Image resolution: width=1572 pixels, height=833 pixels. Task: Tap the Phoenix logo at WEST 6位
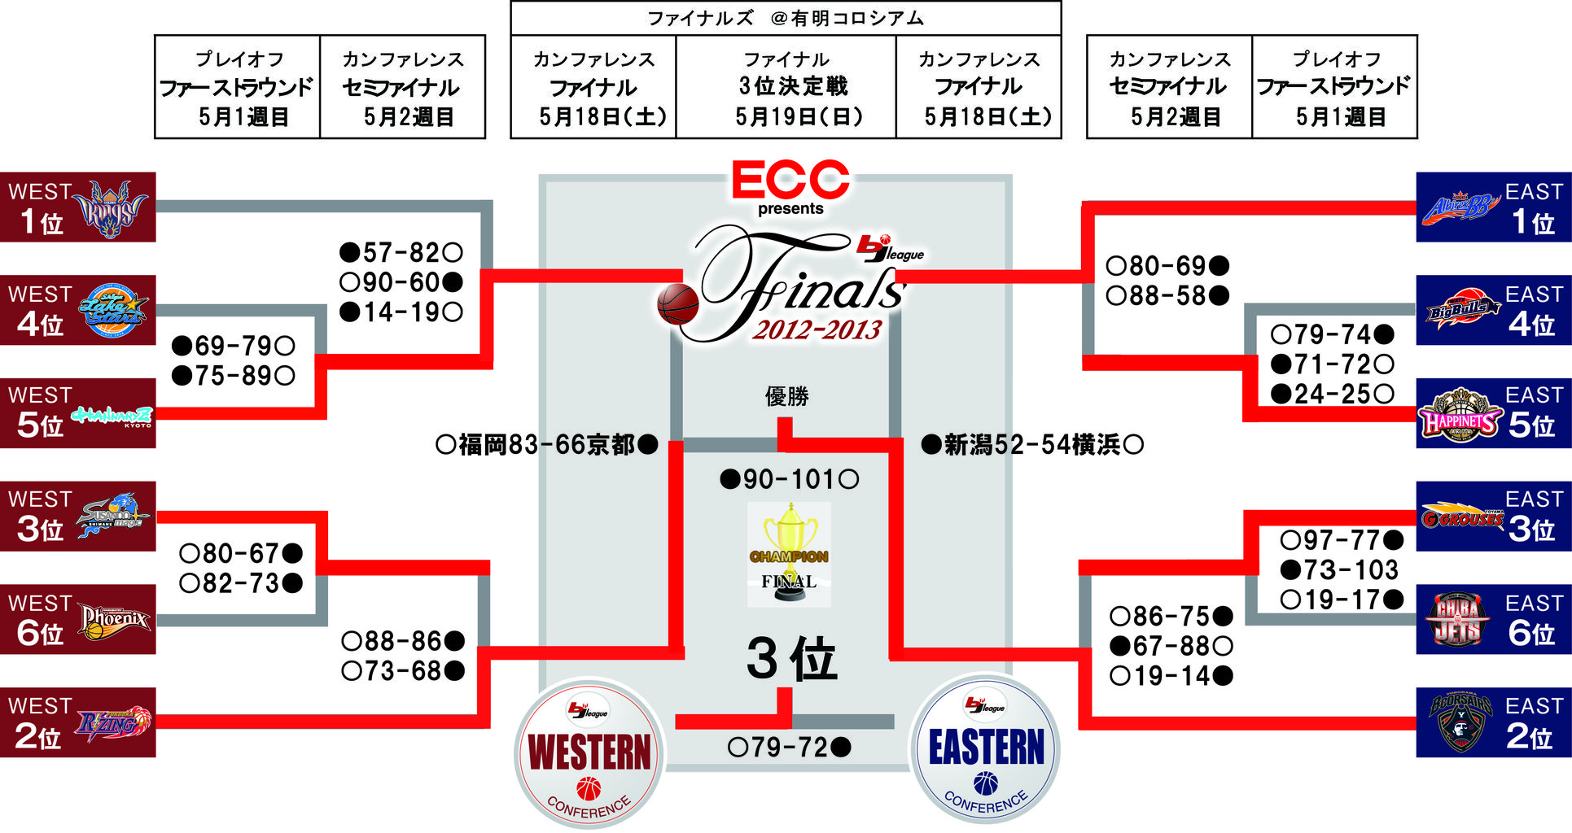tap(114, 620)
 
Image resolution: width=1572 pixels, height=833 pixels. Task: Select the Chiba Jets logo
tap(1457, 620)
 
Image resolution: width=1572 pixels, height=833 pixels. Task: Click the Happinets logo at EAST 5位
tap(1460, 415)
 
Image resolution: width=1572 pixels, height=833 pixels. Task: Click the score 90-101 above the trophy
tap(789, 479)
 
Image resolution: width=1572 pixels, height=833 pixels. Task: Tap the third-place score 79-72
tap(789, 747)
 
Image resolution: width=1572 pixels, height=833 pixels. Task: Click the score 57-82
tap(401, 252)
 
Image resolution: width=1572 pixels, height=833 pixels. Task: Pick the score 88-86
tap(402, 641)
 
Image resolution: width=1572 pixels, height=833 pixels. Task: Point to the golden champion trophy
tap(789, 553)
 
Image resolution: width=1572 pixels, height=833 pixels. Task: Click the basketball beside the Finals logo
tap(678, 304)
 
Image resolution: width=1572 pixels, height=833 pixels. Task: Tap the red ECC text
tap(790, 180)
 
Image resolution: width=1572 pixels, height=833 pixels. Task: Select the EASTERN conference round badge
tap(985, 748)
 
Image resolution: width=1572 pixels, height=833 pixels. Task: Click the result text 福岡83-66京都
tap(546, 445)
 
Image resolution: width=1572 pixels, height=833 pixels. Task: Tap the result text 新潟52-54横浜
tap(1031, 445)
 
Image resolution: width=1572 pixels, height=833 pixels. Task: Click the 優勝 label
tap(786, 396)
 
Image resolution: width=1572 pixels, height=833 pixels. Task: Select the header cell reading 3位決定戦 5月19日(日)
tap(786, 87)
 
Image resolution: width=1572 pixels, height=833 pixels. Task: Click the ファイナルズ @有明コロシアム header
tap(786, 18)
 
